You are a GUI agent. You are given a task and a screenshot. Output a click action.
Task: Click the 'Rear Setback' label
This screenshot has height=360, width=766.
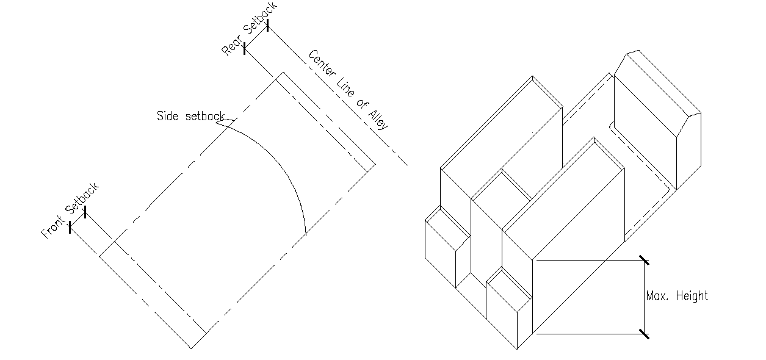point(249,29)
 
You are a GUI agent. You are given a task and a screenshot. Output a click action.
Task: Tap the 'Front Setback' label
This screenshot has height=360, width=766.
point(70,211)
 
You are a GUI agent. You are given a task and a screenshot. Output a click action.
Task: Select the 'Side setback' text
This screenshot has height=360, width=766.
point(190,116)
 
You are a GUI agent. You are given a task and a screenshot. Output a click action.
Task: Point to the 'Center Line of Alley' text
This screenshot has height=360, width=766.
point(348,90)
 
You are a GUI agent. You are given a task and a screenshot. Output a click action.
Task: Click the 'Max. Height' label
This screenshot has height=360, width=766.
point(677,296)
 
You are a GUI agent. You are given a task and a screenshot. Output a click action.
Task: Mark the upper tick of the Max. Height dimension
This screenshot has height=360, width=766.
point(645,260)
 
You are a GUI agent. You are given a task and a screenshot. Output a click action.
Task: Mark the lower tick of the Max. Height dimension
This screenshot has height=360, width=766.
point(645,334)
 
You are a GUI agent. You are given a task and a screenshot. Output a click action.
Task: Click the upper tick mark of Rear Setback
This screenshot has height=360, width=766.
point(267,25)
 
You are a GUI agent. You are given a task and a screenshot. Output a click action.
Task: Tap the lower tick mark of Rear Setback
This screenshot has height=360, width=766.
point(244,49)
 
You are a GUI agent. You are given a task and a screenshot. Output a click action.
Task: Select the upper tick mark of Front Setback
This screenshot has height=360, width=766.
point(85,212)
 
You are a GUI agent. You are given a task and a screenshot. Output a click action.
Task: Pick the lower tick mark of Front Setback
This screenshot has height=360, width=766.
point(70,228)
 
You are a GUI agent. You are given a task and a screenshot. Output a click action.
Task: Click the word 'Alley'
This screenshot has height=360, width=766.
point(378,120)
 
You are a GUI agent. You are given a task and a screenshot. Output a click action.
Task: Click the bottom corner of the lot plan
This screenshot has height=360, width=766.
point(191,348)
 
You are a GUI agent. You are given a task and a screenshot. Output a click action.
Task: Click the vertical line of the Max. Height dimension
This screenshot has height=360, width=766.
point(645,297)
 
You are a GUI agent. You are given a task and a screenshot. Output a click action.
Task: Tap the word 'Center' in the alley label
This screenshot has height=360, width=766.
point(322,63)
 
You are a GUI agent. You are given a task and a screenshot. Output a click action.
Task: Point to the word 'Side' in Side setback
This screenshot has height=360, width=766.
point(167,116)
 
